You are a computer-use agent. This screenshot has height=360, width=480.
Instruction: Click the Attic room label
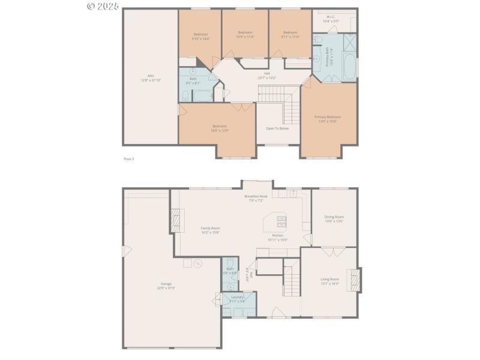click(151, 76)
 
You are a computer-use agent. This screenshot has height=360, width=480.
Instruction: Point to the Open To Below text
click(277, 128)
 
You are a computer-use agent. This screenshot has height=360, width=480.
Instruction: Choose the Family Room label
click(210, 228)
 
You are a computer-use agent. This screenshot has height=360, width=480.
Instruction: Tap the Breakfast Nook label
click(256, 196)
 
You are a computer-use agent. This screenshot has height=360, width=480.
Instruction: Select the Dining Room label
click(334, 217)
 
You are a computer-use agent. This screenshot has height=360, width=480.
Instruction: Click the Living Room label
click(329, 279)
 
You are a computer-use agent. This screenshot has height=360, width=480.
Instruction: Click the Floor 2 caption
click(129, 159)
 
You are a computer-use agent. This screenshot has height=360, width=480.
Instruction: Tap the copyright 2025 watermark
click(103, 6)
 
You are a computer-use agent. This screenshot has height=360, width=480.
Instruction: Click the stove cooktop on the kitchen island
click(281, 221)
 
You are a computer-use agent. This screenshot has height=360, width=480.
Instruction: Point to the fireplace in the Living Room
click(356, 279)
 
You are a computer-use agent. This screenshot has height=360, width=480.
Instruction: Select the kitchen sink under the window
click(292, 193)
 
